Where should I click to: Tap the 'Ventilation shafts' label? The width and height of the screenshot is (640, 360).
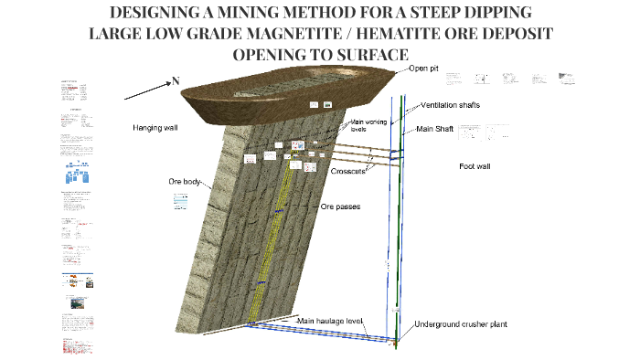(x=450, y=105)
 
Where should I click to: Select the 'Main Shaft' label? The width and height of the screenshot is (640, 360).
(x=436, y=129)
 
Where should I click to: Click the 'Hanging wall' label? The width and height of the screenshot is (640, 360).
(x=155, y=128)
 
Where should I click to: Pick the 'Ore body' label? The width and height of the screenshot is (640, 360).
(x=186, y=181)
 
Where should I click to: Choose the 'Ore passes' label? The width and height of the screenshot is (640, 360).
(x=340, y=206)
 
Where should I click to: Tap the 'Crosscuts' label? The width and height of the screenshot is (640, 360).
(x=348, y=171)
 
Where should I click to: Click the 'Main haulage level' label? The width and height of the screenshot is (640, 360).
(x=330, y=321)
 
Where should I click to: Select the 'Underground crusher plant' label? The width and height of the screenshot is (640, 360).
(x=459, y=324)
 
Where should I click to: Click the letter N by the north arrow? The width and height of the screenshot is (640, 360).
(x=175, y=80)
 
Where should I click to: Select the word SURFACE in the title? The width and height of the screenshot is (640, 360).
(x=362, y=54)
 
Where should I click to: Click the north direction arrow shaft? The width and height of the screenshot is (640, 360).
(x=145, y=89)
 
